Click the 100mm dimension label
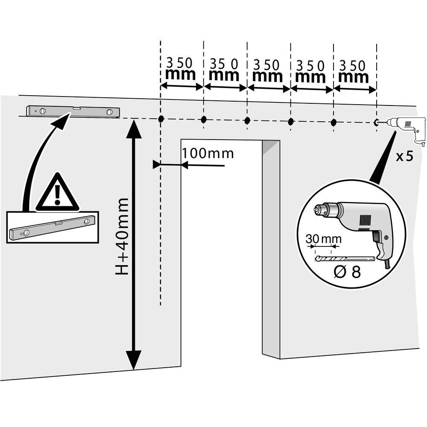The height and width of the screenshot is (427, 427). pyautogui.click(x=208, y=153)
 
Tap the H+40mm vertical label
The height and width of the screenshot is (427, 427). pyautogui.click(x=123, y=236)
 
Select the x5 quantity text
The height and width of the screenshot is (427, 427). pyautogui.click(x=404, y=156)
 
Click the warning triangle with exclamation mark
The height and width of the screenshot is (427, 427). pyautogui.click(x=57, y=194)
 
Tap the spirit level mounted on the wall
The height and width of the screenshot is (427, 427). pyautogui.click(x=73, y=111)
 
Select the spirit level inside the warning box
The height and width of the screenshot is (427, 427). pyautogui.click(x=52, y=228)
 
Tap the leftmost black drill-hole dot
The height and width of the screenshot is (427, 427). pyautogui.click(x=161, y=119)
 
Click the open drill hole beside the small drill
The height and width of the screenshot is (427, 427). pyautogui.click(x=376, y=123)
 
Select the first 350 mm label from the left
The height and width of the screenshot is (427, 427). pyautogui.click(x=181, y=70)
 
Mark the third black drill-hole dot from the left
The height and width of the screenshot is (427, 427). pyautogui.click(x=247, y=120)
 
